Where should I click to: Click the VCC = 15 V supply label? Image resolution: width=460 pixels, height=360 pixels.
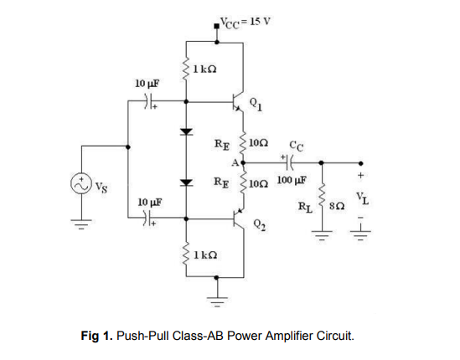243,21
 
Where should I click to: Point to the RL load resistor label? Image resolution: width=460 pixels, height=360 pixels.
306,203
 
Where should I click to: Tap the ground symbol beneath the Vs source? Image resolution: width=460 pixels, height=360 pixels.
84,224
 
